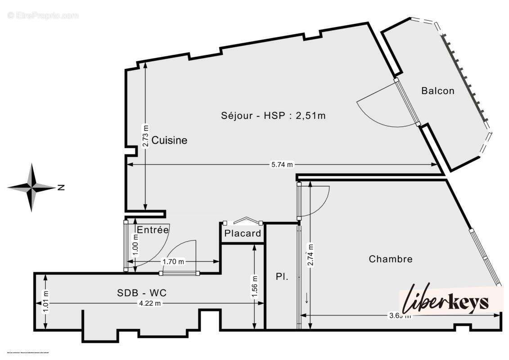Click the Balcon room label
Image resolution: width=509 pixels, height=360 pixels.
(437, 90)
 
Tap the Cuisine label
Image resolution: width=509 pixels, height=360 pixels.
(169, 140)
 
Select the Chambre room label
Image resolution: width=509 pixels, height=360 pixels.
(390, 259)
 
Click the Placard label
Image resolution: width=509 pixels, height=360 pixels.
(243, 233)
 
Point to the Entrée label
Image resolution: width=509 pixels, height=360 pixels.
(153, 229)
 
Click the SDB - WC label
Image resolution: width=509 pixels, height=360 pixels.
(142, 292)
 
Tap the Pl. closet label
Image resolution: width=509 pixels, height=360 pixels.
(282, 277)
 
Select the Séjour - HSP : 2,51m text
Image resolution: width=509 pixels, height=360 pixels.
(273, 115)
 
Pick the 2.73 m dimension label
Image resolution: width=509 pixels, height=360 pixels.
(145, 135)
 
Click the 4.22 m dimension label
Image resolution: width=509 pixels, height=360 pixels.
(150, 303)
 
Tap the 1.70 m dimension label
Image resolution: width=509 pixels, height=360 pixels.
(173, 261)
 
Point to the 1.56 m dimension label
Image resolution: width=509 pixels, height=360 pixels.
(255, 286)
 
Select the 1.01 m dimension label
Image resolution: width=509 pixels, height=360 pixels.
(45, 303)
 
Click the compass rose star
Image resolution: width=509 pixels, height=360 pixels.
(32, 187)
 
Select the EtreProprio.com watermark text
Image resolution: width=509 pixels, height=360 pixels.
(43, 16)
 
